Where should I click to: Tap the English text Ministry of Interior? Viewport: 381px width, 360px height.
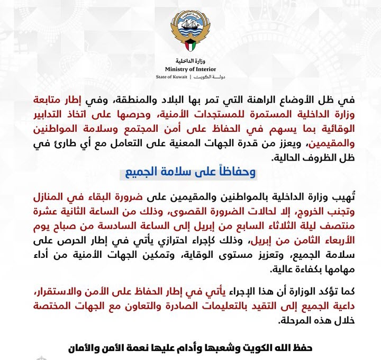coord(190,68)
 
